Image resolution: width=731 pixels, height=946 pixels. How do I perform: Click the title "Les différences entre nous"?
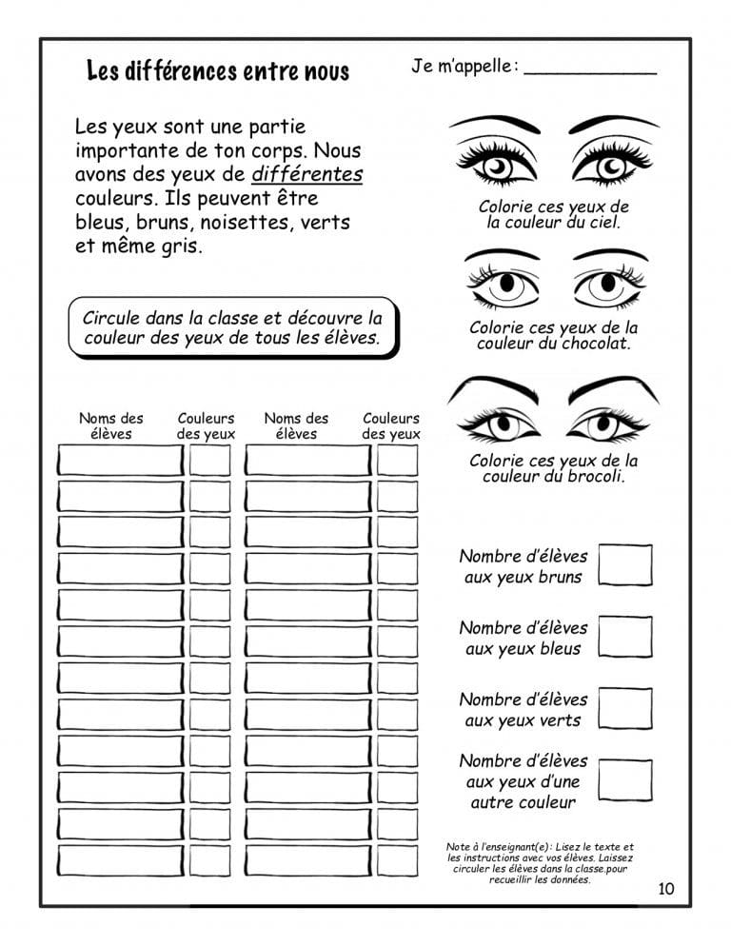(x=218, y=70)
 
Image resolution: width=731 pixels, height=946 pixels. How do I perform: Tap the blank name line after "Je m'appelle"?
(x=590, y=70)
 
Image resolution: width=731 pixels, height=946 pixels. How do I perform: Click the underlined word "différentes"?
(x=307, y=175)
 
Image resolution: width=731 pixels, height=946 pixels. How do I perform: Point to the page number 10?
(x=665, y=889)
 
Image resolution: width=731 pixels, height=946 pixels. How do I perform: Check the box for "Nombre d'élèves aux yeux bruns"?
(x=625, y=565)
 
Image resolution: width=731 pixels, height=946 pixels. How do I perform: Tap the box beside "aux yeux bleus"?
(x=625, y=638)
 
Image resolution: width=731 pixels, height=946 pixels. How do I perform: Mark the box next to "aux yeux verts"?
(x=625, y=709)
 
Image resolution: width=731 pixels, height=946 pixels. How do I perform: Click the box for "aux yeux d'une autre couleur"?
(x=625, y=780)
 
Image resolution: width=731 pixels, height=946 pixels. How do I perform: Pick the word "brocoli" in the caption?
(x=594, y=477)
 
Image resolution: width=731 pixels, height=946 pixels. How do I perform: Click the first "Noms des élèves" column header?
(x=111, y=425)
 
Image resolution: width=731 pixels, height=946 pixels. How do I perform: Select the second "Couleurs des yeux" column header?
(x=391, y=425)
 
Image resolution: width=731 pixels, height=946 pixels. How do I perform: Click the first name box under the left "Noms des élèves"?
(x=120, y=461)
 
